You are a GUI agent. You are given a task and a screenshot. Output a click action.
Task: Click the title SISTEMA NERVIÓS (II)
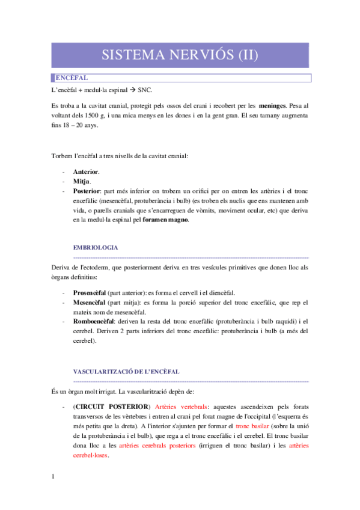coord(180,55)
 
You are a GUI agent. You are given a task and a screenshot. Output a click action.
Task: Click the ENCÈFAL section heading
coord(72,78)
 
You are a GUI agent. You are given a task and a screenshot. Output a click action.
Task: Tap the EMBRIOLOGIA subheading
coord(95,247)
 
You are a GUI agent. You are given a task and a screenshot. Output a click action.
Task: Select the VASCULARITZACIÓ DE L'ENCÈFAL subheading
coord(126,372)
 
